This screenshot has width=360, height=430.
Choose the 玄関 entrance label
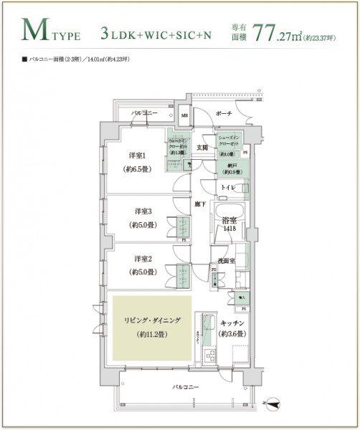point(202,148)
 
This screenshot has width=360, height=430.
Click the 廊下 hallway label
point(201,204)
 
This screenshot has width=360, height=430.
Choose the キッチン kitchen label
point(232,323)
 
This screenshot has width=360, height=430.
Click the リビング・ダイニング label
point(151,320)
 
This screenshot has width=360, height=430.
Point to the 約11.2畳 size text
point(151,334)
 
